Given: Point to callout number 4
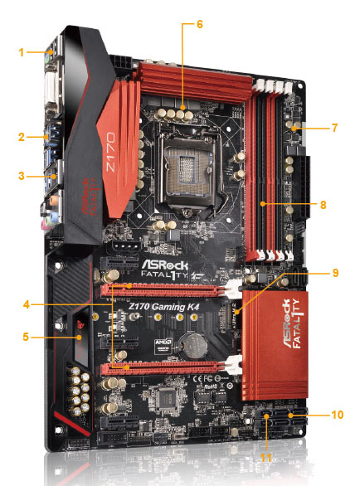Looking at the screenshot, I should [29, 304].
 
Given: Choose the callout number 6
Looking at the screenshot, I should [198, 24].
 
